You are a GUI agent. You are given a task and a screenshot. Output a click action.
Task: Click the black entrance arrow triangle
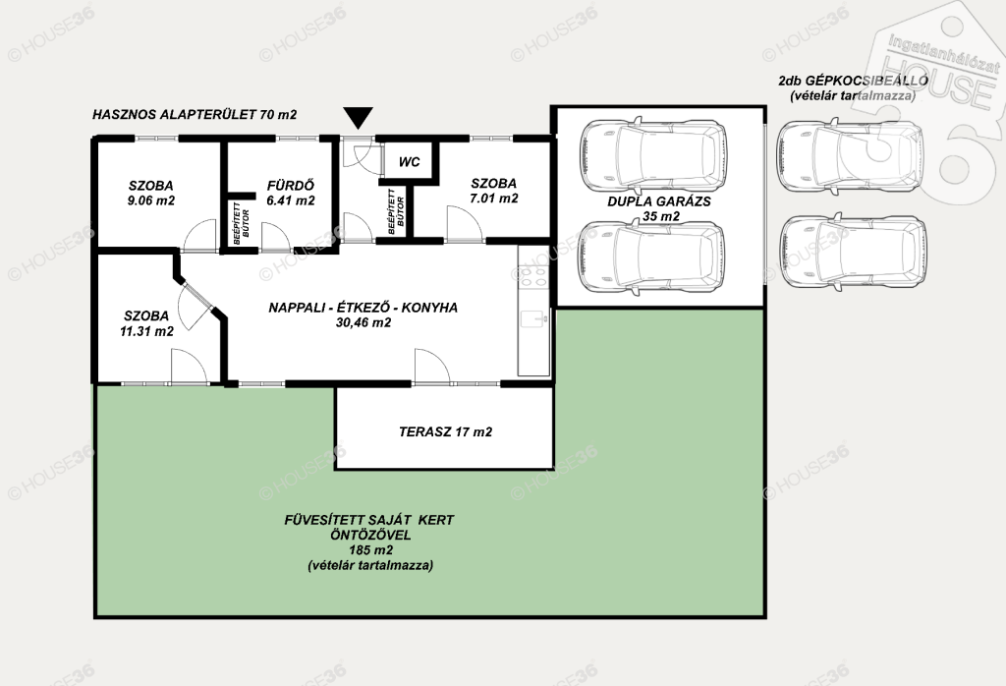tap(358, 118)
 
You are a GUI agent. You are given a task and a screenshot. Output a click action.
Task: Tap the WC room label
tap(410, 161)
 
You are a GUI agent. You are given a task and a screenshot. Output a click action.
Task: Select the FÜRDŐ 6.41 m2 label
tap(291, 193)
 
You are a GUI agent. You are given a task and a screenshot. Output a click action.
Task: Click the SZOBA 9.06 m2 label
tap(150, 193)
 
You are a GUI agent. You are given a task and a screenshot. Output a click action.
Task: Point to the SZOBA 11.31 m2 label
tap(147, 323)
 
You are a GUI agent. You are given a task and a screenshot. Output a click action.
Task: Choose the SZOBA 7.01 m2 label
tap(493, 191)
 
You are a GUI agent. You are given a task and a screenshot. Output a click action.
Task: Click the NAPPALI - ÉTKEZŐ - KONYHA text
tap(363, 308)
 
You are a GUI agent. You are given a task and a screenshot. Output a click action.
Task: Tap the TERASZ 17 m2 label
tap(445, 431)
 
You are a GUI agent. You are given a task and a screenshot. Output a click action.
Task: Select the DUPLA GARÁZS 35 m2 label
tap(659, 208)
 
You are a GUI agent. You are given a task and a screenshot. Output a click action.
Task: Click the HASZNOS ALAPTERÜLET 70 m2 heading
tap(195, 115)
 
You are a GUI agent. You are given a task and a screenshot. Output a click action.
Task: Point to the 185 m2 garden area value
tap(370, 550)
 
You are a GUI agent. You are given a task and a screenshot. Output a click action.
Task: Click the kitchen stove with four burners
tap(533, 275)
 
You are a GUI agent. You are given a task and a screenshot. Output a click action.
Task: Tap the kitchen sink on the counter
tap(533, 319)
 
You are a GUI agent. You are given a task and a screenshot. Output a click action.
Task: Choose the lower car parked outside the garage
tap(852, 251)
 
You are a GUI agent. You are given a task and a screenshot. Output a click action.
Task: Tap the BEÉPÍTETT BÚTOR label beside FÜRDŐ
tap(242, 223)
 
